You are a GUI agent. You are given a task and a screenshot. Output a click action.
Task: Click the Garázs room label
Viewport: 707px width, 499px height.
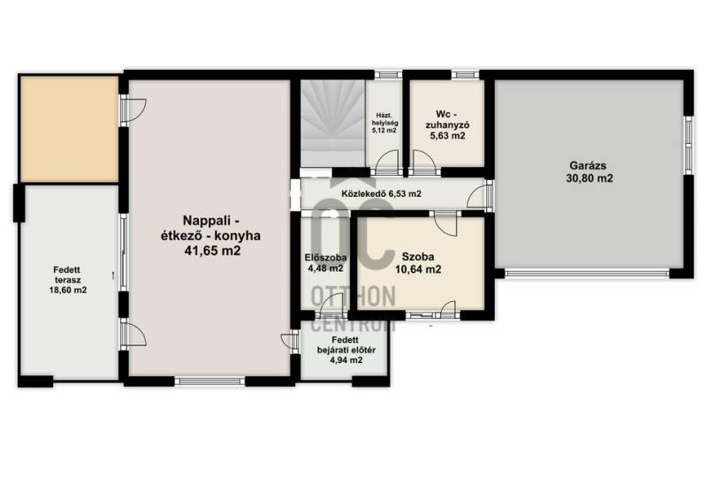589,165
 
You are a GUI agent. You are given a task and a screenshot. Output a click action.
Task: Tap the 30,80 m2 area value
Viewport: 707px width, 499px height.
589,178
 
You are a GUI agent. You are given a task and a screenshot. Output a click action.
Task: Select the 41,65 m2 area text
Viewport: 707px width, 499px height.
212,251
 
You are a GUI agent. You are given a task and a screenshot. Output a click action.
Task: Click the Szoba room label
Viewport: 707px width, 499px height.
418,257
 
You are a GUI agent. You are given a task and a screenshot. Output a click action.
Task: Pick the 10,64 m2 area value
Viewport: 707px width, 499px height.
418,270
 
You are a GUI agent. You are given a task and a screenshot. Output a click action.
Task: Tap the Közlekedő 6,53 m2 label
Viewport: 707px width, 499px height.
382,193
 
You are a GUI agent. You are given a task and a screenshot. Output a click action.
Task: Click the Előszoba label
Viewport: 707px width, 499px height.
325,258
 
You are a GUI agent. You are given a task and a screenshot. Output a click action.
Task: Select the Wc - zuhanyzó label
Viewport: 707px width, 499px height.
447,119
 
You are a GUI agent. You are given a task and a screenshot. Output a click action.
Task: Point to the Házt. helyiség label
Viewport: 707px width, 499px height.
384,119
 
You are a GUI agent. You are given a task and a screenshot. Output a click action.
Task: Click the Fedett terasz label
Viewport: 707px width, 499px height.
68,275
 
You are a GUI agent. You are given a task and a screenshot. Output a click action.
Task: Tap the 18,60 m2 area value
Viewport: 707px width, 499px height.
68,291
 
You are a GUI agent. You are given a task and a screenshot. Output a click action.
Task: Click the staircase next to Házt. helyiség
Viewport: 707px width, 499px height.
333,123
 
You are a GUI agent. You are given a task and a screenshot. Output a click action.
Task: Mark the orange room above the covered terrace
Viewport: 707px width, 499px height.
69,129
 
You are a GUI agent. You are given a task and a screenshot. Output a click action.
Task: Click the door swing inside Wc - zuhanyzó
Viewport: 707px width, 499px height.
423,162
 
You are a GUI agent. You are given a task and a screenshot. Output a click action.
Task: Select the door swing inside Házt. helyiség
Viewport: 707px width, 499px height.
388,162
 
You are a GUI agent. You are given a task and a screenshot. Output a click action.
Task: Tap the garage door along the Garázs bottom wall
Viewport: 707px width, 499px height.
587,273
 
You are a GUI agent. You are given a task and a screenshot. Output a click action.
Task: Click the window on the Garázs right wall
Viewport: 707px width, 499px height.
688,145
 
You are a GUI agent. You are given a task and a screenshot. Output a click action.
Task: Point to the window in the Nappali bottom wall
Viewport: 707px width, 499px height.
209,382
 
